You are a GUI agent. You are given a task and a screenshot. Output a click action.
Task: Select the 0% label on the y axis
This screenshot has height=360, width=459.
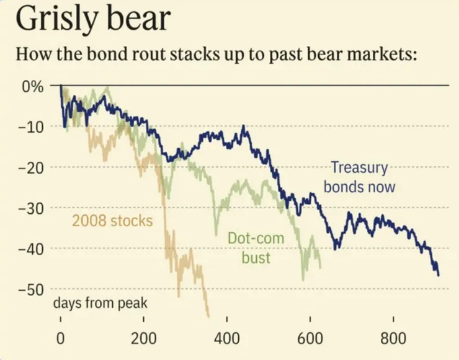pyautogui.click(x=33, y=86)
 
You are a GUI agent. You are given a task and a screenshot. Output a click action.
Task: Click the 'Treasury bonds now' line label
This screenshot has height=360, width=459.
pyautogui.click(x=359, y=177)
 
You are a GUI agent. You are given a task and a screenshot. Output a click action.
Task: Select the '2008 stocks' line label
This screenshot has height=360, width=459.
pyautogui.click(x=112, y=221)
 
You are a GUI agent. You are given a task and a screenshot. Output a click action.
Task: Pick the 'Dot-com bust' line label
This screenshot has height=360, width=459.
pyautogui.click(x=249, y=247)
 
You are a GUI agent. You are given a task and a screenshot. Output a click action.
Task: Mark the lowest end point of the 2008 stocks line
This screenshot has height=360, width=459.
pyautogui.click(x=208, y=315)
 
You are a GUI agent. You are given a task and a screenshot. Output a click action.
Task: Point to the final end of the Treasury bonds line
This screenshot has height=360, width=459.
pyautogui.click(x=439, y=275)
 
